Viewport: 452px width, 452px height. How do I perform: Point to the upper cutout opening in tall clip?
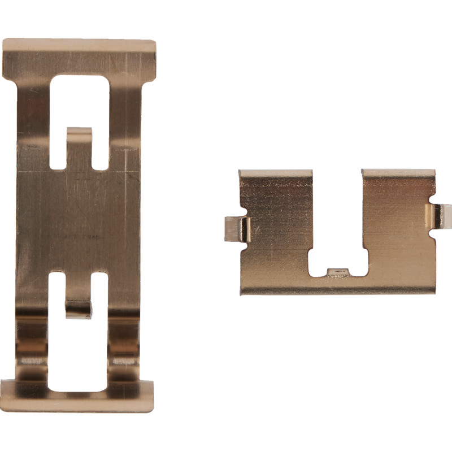click(x=79, y=102)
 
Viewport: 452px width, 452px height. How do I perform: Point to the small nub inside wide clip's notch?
click(x=337, y=272)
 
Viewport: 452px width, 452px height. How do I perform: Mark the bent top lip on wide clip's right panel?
click(x=398, y=173)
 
